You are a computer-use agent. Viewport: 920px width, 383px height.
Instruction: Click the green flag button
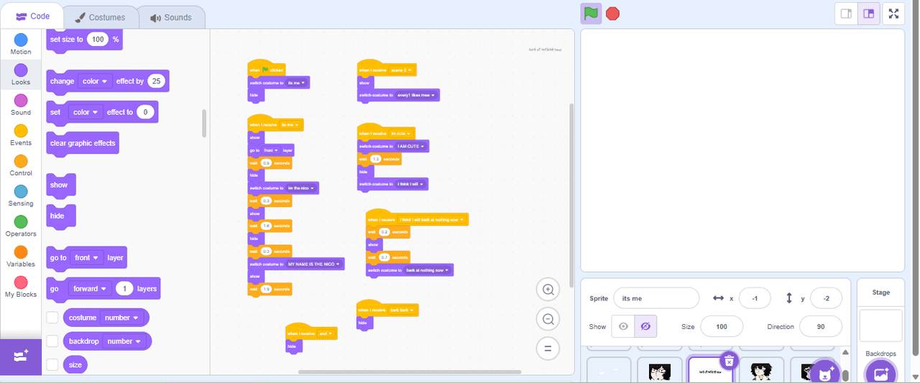coord(590,14)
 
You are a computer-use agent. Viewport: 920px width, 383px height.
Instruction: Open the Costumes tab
coord(100,17)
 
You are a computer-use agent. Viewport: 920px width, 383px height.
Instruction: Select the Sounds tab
coord(171,17)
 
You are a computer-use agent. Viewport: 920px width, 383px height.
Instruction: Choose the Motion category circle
coord(21,40)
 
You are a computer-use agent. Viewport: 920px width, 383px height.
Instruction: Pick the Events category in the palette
coord(21,131)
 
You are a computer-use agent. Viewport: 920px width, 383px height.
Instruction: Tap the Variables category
coord(21,252)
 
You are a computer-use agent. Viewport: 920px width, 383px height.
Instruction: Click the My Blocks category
coord(21,282)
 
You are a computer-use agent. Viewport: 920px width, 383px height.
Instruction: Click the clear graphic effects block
coord(82,143)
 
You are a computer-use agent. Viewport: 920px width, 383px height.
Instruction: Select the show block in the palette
coord(60,185)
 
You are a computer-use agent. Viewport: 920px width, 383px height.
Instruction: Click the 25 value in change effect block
coord(156,81)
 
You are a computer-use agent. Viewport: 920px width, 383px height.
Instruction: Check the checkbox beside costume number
coord(52,318)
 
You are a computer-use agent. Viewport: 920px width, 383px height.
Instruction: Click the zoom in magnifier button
coord(548,290)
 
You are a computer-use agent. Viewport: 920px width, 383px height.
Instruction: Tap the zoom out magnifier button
coord(548,319)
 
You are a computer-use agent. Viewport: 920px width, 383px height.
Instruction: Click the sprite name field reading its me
coord(655,298)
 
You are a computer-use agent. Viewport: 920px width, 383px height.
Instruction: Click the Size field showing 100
coord(721,326)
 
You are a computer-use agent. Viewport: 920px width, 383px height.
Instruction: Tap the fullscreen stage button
coord(893,14)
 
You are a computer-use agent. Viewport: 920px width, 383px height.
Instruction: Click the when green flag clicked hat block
coord(266,70)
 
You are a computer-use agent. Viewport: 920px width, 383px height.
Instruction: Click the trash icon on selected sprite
coord(729,360)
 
